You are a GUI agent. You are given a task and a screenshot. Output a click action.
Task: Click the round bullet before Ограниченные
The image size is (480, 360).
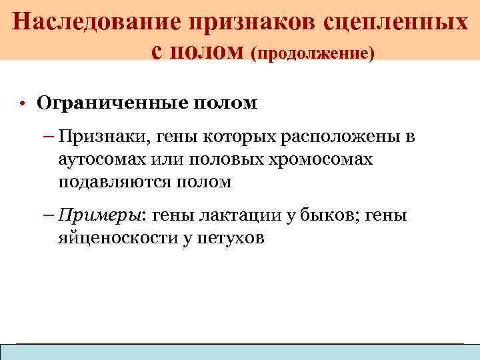[x=22, y=105]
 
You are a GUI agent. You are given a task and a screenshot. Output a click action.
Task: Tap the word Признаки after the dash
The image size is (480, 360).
[x=101, y=138]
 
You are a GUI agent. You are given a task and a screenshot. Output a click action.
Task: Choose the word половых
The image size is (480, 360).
[x=221, y=160]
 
